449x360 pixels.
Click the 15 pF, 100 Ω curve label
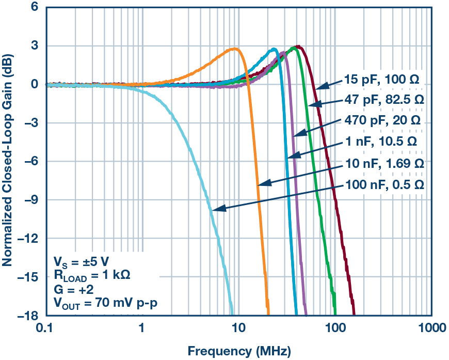[x=382, y=80]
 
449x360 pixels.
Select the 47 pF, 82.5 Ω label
[x=382, y=100]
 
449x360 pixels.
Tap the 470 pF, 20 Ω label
[x=382, y=121]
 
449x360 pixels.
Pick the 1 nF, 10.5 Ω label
[x=382, y=142]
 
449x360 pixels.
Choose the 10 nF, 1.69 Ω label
[x=382, y=163]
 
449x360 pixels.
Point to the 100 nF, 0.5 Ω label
[x=382, y=184]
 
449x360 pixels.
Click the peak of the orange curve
[x=235, y=49]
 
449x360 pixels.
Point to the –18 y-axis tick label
[x=26, y=315]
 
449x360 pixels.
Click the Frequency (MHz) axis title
[x=238, y=351]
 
